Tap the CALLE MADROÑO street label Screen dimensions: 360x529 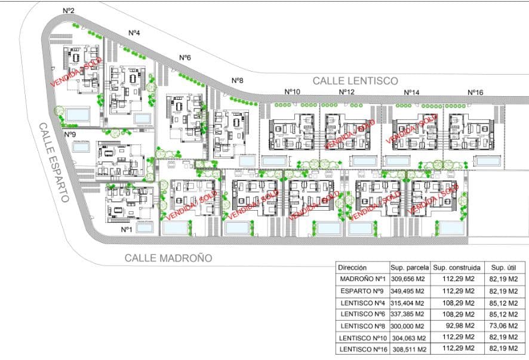point(168,258)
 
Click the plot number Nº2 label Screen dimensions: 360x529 point(68,11)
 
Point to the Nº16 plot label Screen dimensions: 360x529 point(475,92)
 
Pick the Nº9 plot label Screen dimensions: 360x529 point(69,134)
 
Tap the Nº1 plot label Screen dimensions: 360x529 point(126,229)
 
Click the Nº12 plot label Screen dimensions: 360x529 point(346,92)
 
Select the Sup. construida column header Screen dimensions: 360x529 point(456,268)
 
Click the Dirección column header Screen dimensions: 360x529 point(353,268)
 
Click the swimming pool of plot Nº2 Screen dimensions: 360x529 point(77,113)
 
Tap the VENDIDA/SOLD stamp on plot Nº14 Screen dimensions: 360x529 point(412,130)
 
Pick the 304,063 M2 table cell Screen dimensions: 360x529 point(408,338)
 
